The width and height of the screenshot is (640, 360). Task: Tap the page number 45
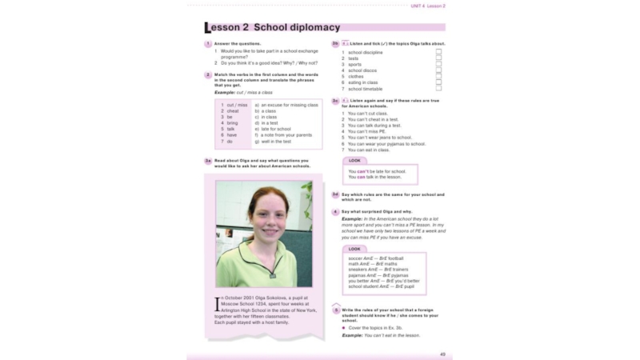pyautogui.click(x=442, y=353)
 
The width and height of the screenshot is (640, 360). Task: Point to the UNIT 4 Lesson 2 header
pyautogui.click(x=428, y=6)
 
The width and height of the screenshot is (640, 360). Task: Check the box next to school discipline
pyautogui.click(x=438, y=52)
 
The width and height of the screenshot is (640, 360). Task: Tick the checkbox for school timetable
pyautogui.click(x=438, y=88)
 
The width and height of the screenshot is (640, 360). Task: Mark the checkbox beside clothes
pyautogui.click(x=438, y=76)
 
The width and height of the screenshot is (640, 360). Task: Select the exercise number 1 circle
pyautogui.click(x=207, y=44)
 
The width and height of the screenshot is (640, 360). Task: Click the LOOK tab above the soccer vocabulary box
pyautogui.click(x=357, y=249)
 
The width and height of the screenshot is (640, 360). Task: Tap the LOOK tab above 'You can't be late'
pyautogui.click(x=357, y=160)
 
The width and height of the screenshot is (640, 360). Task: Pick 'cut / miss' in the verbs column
pyautogui.click(x=237, y=105)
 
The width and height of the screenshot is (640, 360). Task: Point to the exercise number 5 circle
pyautogui.click(x=336, y=308)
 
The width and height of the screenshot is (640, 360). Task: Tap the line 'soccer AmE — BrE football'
pyautogui.click(x=377, y=258)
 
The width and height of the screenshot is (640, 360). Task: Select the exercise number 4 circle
pyautogui.click(x=336, y=212)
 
